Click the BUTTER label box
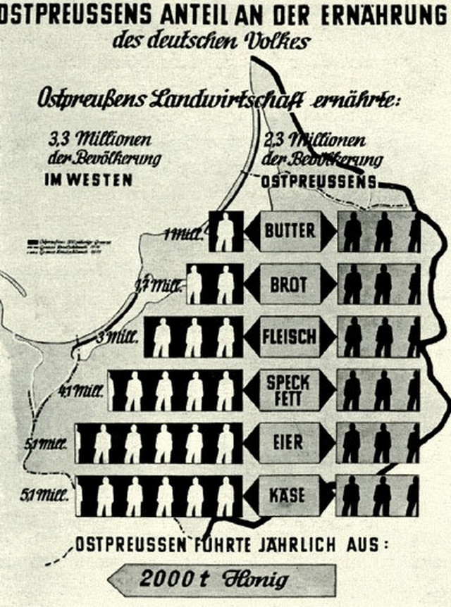[289, 231]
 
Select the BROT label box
[289, 284]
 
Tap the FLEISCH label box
[289, 337]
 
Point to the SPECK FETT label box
[289, 390]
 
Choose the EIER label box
[289, 443]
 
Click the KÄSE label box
[289, 495]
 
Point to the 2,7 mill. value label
[158, 286]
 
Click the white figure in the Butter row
[225, 231]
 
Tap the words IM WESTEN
[89, 180]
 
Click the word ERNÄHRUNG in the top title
[379, 14]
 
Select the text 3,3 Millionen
[101, 139]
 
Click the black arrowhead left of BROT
[252, 284]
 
